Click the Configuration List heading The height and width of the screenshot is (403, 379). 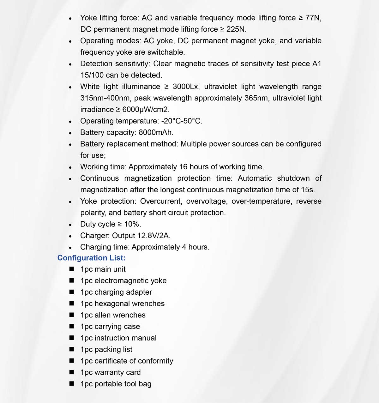pos(91,258)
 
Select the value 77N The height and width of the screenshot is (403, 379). pos(312,18)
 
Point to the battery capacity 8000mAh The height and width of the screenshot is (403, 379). pos(156,133)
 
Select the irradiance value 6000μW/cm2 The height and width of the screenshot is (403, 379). pos(146,110)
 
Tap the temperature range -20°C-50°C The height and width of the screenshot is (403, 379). pos(181,121)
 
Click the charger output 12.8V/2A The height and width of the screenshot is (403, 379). pos(153,236)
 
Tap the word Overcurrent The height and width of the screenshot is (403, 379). pos(161,201)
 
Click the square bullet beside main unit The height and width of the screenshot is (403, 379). pos(72,269)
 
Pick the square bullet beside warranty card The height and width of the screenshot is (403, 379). pos(72,372)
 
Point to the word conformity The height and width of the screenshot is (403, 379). pos(155,361)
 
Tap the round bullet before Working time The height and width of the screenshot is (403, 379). pos(70,167)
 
